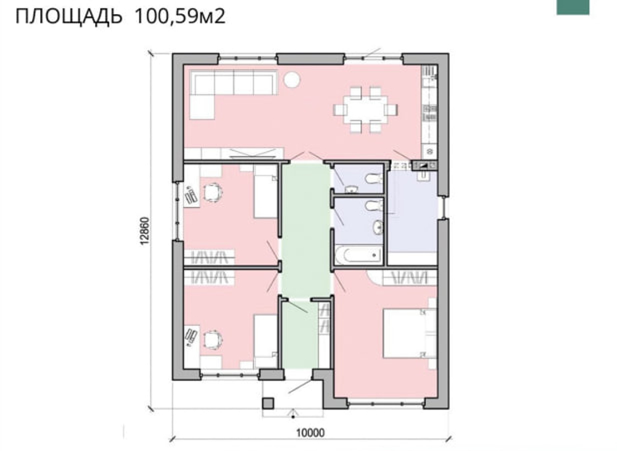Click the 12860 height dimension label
[x=145, y=231]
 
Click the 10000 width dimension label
[x=310, y=433]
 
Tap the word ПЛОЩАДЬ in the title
[x=68, y=17]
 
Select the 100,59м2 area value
[x=180, y=16]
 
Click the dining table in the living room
[x=365, y=109]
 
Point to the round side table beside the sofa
[x=292, y=80]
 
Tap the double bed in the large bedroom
[x=410, y=333]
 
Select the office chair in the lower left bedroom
[x=213, y=339]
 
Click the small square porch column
[x=268, y=403]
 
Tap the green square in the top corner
[x=573, y=7]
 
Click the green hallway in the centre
[x=306, y=230]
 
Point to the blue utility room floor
[x=412, y=212]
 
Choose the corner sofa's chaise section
[x=202, y=107]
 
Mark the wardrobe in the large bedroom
[x=410, y=278]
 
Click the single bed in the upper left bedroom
[x=265, y=192]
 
